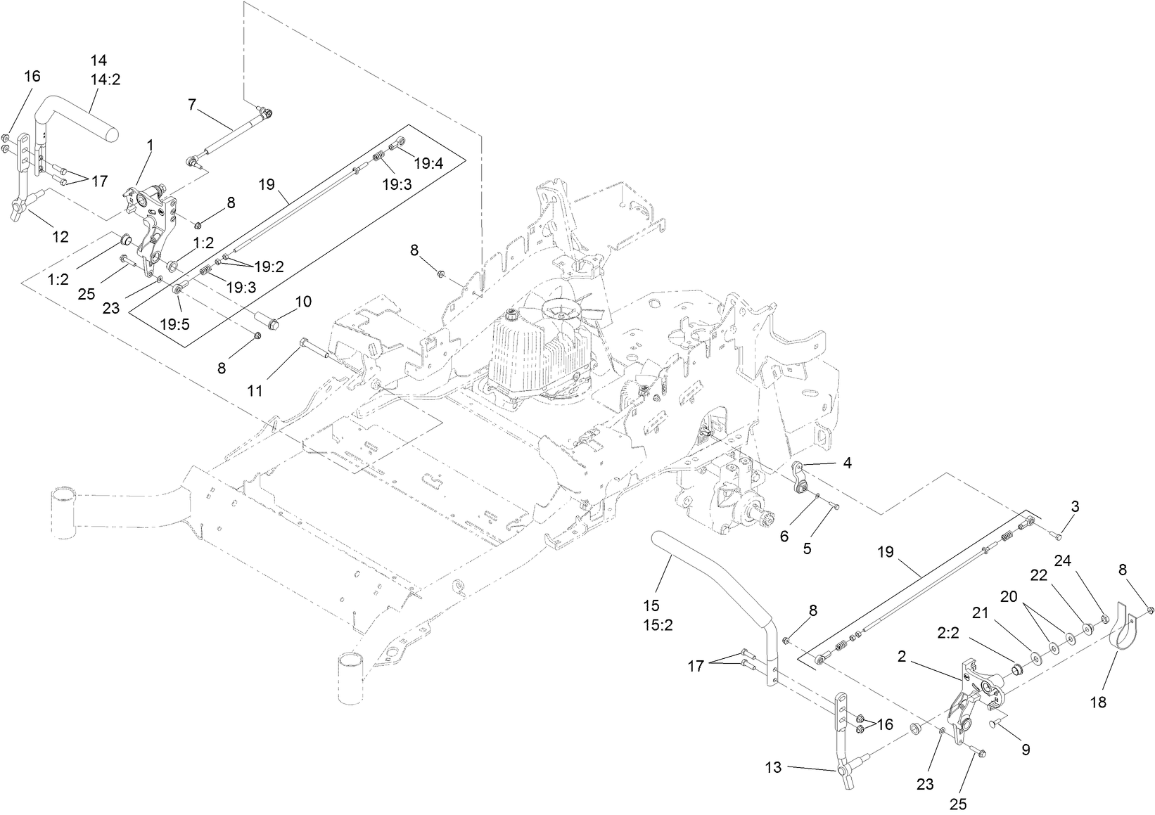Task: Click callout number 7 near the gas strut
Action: (191, 105)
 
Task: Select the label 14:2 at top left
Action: (105, 79)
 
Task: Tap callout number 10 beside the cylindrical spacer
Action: (302, 302)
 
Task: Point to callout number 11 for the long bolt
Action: (255, 390)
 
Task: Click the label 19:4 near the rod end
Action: (428, 164)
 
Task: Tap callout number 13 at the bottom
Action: (773, 768)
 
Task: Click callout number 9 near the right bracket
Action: (1026, 750)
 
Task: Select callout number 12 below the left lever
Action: (61, 237)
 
